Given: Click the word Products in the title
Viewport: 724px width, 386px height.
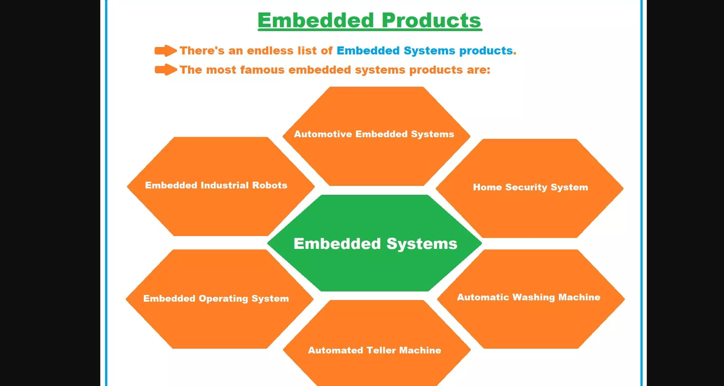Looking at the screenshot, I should click(x=431, y=20).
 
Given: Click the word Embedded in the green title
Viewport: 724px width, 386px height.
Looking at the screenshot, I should click(x=315, y=20).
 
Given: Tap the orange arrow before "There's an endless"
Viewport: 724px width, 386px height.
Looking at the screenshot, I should click(x=165, y=51).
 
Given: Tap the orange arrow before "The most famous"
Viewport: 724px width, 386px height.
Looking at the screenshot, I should click(x=165, y=70).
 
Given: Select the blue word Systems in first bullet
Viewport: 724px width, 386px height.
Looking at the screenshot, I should click(x=429, y=51).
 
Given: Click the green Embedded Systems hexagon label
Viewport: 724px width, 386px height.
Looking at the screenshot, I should click(x=375, y=244).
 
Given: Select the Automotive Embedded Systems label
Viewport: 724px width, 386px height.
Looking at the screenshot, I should click(x=374, y=134).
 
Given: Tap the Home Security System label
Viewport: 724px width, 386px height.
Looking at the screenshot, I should click(x=530, y=187).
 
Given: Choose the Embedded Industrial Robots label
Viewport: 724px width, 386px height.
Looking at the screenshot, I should click(x=216, y=186).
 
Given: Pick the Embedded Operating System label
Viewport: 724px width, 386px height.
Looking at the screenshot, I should click(x=216, y=299).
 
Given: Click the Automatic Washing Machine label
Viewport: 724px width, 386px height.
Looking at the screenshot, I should click(x=528, y=297).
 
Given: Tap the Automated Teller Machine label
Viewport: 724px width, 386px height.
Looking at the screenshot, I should click(x=374, y=350).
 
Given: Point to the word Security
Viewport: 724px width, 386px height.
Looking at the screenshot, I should click(x=526, y=187).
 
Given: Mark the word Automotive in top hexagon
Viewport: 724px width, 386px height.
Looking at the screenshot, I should click(x=323, y=134).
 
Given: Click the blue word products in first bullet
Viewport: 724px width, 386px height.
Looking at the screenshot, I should click(x=486, y=51).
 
